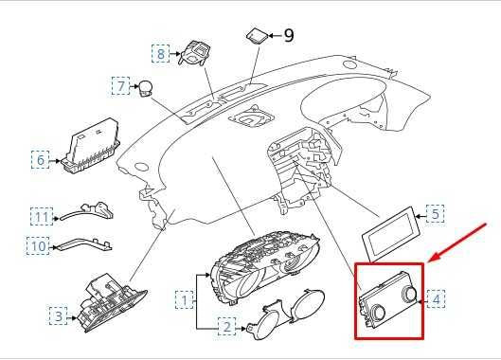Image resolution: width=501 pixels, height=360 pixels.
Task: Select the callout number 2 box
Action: [x=226, y=328]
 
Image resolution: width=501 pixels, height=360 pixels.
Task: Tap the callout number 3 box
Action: [x=59, y=314]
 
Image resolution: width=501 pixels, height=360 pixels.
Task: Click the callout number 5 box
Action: [x=434, y=213]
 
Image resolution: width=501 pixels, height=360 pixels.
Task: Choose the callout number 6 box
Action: [x=41, y=160]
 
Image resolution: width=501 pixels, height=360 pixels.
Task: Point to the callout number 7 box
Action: [x=122, y=87]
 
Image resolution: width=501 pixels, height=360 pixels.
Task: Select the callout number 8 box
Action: [x=162, y=54]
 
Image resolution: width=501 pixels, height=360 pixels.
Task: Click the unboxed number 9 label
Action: [x=289, y=36]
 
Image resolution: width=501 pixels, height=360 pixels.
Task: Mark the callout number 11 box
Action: [x=40, y=215]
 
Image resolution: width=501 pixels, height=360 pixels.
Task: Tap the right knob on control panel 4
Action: [x=409, y=297]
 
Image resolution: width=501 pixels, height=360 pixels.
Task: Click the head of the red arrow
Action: [x=430, y=259]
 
